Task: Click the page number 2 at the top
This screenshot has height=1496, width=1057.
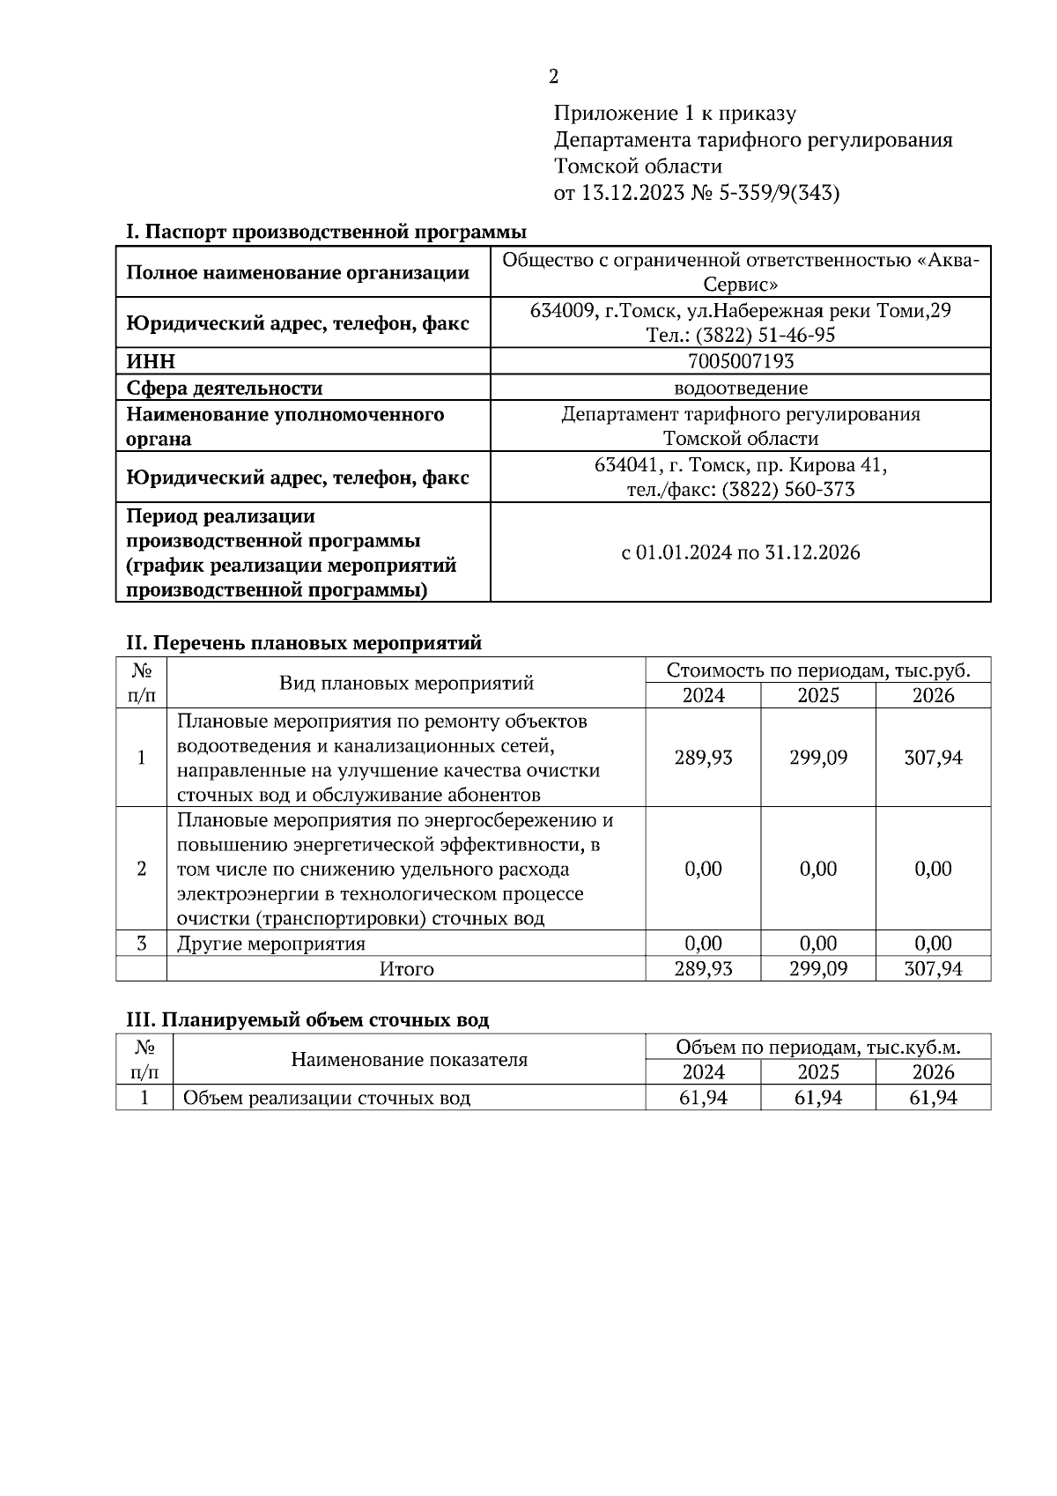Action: click(x=553, y=78)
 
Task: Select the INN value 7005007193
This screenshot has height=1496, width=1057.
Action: click(x=740, y=361)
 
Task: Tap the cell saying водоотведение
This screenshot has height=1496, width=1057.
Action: click(x=740, y=388)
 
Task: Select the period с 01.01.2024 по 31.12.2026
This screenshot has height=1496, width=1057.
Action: click(x=740, y=553)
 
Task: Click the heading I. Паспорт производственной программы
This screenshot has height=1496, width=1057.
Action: click(x=326, y=233)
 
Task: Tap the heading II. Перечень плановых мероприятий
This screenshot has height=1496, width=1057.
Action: click(x=304, y=643)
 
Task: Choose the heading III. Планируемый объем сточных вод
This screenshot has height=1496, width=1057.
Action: click(x=307, y=1020)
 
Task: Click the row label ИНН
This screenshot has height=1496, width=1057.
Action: click(x=151, y=362)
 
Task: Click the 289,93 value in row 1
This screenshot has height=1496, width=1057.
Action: click(x=703, y=758)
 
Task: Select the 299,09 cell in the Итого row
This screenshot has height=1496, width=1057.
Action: click(x=817, y=969)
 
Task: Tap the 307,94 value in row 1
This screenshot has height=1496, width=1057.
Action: click(x=933, y=758)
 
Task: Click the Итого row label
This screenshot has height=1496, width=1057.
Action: click(x=406, y=969)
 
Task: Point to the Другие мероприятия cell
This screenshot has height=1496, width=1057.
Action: click(x=271, y=944)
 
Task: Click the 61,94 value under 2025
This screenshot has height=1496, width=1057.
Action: click(x=817, y=1098)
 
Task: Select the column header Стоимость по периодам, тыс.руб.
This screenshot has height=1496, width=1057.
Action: click(x=817, y=670)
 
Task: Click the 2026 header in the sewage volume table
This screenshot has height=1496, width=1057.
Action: click(x=933, y=1072)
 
